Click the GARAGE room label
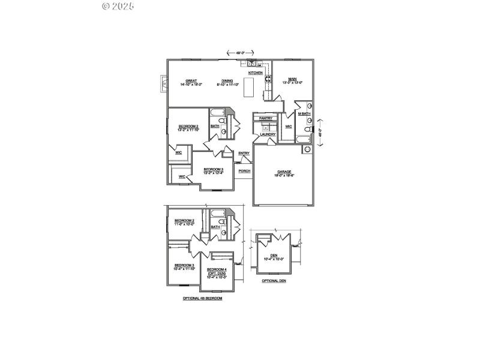[284, 172]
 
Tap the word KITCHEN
[256, 73]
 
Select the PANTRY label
[265, 118]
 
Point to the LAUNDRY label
[267, 134]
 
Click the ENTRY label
[244, 153]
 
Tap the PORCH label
[244, 171]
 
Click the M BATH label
[304, 113]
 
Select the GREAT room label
[191, 80]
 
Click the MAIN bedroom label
[292, 79]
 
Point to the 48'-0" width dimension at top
[240, 53]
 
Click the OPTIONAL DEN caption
[274, 280]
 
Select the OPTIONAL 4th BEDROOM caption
[202, 298]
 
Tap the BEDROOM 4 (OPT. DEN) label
[217, 271]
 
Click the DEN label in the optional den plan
[274, 256]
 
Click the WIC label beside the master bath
[288, 127]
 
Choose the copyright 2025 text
[118, 6]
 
